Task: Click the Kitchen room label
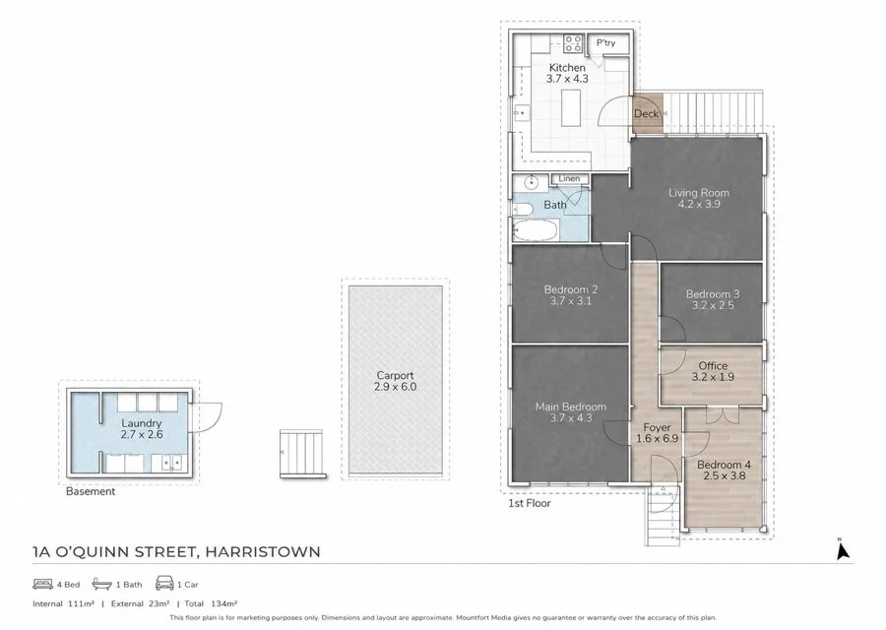click(567, 68)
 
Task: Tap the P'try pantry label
click(605, 43)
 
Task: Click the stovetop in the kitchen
click(573, 43)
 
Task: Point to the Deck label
click(647, 113)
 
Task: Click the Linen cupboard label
click(569, 178)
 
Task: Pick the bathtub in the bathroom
click(536, 230)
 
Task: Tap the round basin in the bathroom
click(532, 182)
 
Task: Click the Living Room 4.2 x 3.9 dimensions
click(699, 204)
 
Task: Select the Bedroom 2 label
click(571, 289)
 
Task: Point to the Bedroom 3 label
click(713, 293)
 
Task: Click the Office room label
click(713, 365)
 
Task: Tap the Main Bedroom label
click(571, 407)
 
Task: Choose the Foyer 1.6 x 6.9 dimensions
click(658, 438)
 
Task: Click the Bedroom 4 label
click(724, 465)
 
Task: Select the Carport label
click(395, 375)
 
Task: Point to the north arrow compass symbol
click(842, 549)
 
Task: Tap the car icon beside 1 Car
click(164, 583)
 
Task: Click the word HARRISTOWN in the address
click(263, 551)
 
